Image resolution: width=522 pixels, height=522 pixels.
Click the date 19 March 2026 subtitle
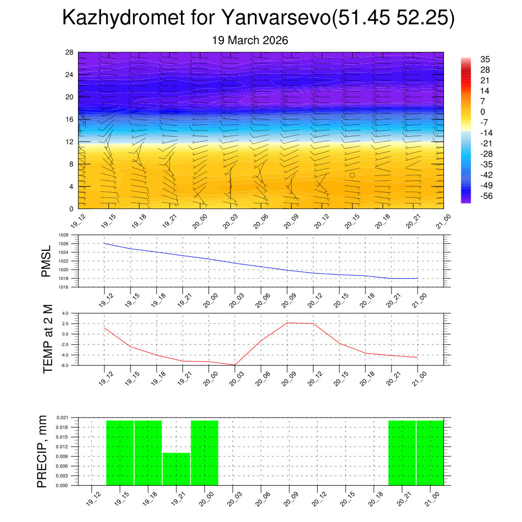(x=250, y=40)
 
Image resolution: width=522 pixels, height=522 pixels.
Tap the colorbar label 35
(x=485, y=60)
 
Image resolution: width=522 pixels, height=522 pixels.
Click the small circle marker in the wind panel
(x=352, y=175)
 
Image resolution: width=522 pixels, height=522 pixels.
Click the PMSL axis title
(x=46, y=262)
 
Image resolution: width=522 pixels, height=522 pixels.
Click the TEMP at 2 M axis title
(x=48, y=338)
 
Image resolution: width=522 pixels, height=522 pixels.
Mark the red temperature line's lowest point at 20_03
(x=235, y=365)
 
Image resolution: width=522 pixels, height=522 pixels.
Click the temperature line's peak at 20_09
(x=288, y=323)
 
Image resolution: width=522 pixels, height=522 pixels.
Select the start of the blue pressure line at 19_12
(x=105, y=243)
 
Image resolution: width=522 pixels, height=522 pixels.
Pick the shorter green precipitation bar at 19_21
(x=176, y=469)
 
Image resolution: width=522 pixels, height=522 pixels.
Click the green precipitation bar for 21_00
(x=430, y=453)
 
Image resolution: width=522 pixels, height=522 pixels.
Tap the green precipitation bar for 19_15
(x=120, y=453)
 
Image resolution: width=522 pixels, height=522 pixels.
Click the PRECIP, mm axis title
(x=43, y=451)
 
